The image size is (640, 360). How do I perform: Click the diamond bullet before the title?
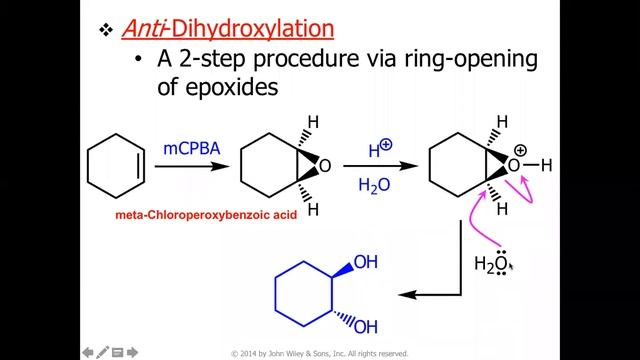pyautogui.click(x=106, y=29)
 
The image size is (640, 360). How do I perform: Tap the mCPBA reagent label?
pyautogui.click(x=191, y=148)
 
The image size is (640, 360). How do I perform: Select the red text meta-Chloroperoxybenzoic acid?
pyautogui.click(x=206, y=215)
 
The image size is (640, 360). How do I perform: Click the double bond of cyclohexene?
pyautogui.click(x=140, y=166)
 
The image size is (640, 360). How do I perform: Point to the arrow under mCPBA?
pyautogui.click(x=192, y=166)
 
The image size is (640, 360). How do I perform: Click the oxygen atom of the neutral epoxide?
pyautogui.click(x=325, y=166)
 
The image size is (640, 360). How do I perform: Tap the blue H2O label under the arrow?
pyautogui.click(x=374, y=186)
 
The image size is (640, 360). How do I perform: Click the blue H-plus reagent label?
pyautogui.click(x=380, y=149)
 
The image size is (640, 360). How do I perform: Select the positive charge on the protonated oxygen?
pyautogui.click(x=520, y=151)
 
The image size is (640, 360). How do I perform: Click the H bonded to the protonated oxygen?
pyautogui.click(x=547, y=165)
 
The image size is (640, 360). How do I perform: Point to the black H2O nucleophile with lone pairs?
pyautogui.click(x=491, y=263)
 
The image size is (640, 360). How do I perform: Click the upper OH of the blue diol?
pyautogui.click(x=366, y=262)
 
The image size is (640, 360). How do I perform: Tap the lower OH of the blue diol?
pyautogui.click(x=366, y=327)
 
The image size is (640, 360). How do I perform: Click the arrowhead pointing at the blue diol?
pyautogui.click(x=407, y=294)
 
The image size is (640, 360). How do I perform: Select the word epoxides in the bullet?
pyautogui.click(x=232, y=87)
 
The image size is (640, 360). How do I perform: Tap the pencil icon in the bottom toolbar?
pyautogui.click(x=102, y=352)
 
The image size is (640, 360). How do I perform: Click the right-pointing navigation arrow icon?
pyautogui.click(x=132, y=352)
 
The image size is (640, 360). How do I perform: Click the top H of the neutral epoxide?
pyautogui.click(x=313, y=122)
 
